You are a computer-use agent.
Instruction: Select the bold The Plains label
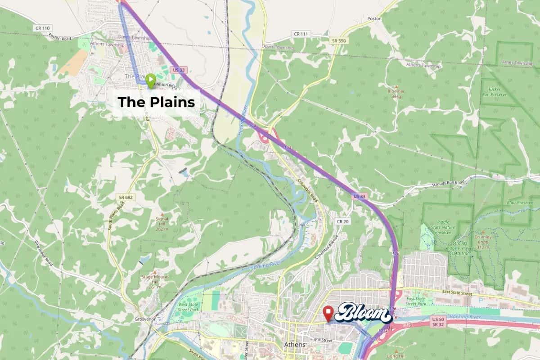point(156,102)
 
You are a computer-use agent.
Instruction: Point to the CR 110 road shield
point(40,28)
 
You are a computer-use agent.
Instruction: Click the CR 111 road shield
point(301,34)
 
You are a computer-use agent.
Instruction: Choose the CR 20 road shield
point(342,221)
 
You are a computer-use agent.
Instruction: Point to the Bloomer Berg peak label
point(396,93)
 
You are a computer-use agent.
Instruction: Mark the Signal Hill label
point(162,221)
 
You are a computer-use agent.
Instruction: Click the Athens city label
point(295,344)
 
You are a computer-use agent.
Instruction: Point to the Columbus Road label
point(308,191)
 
